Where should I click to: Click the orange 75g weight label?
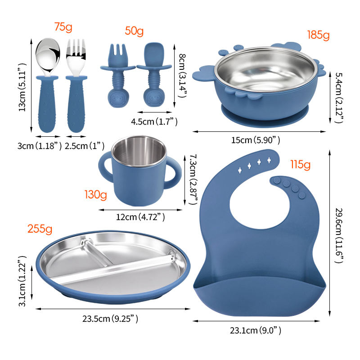(x=63, y=27)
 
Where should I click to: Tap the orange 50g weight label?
(x=134, y=31)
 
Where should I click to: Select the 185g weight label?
(x=318, y=35)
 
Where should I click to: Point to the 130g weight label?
(x=95, y=195)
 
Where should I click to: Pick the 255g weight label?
(x=40, y=229)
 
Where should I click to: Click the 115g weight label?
(x=300, y=165)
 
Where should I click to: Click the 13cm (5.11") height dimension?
(x=22, y=87)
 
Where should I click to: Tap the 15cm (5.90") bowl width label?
(x=256, y=140)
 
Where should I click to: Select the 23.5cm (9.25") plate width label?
(x=110, y=319)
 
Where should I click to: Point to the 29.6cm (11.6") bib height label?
(x=339, y=235)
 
